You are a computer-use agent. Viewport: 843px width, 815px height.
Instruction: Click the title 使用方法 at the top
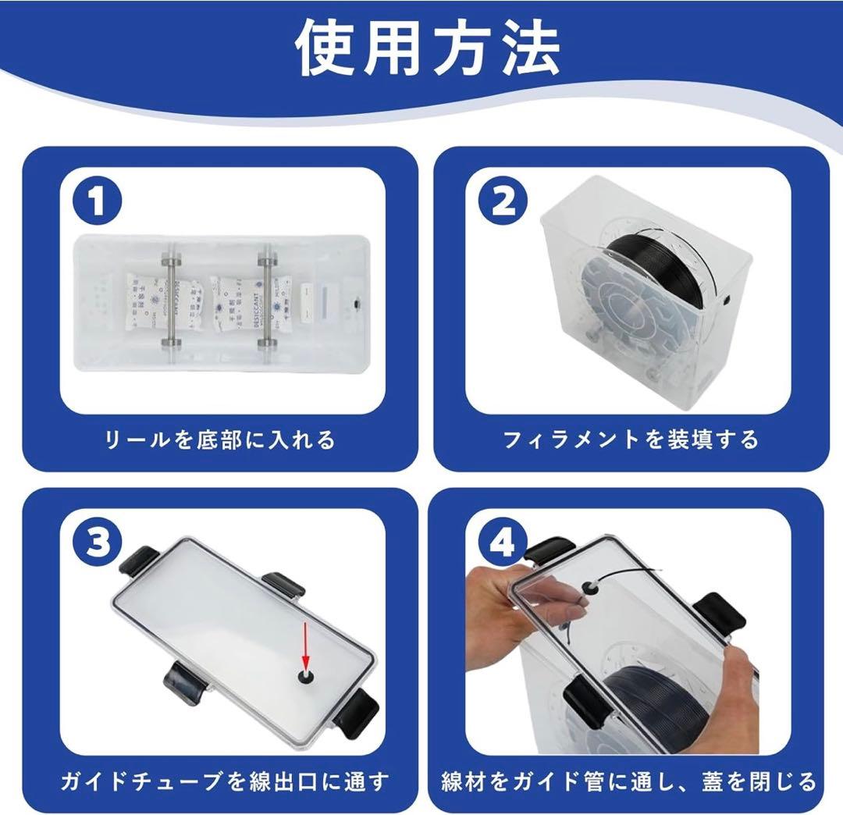pos(428,48)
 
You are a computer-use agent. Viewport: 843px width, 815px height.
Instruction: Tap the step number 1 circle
pos(98,201)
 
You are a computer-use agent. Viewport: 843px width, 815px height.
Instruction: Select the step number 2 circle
pos(503,201)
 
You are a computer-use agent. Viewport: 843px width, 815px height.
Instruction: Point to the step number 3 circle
pos(98,543)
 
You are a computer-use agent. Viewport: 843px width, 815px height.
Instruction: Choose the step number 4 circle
pos(503,543)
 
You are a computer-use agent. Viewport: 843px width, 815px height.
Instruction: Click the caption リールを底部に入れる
pos(220,440)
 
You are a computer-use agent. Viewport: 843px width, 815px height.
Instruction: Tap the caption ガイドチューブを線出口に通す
pos(225,781)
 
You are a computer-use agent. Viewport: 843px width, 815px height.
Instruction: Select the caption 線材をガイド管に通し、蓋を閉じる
pos(628,781)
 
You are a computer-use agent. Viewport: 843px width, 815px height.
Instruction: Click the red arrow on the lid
pos(305,645)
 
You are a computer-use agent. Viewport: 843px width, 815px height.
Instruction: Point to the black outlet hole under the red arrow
pos(305,677)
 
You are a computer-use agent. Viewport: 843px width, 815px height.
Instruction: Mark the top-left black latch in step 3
pos(139,562)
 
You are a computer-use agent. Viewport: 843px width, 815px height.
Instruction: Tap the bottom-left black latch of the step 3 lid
pos(186,682)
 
